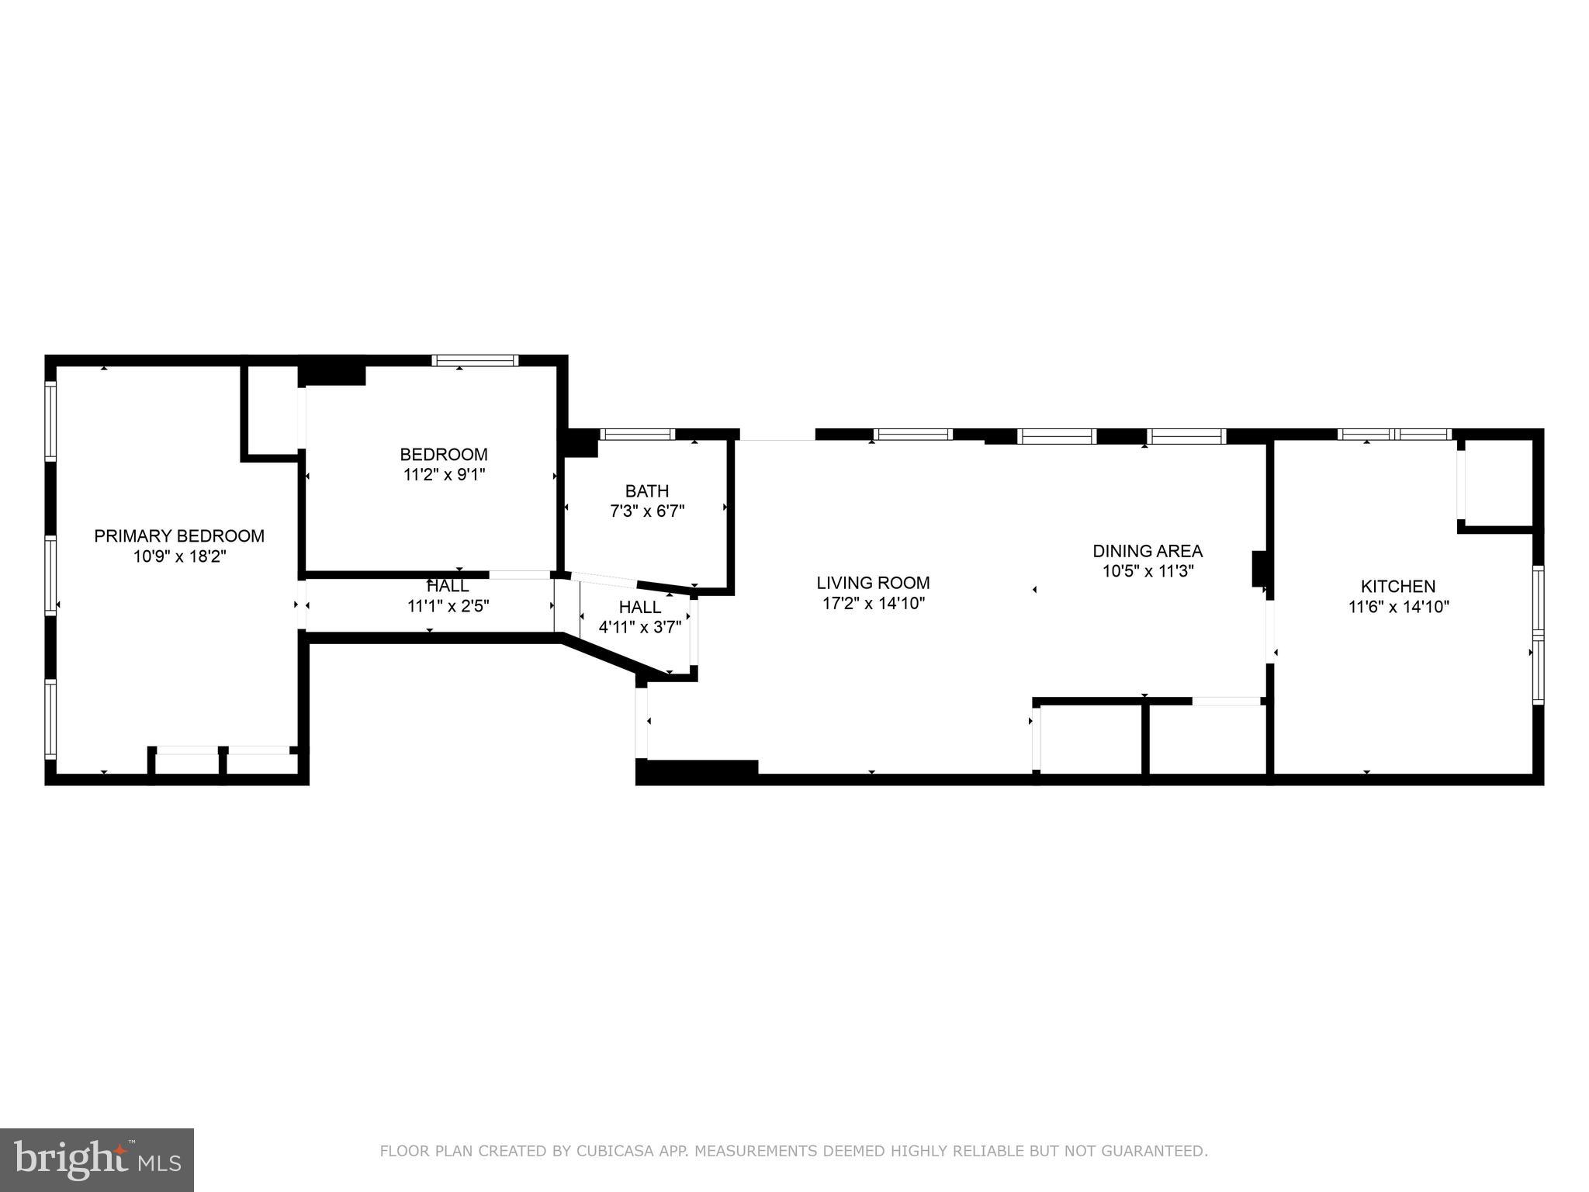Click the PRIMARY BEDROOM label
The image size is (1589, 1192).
pos(179,536)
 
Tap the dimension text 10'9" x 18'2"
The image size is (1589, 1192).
pos(179,556)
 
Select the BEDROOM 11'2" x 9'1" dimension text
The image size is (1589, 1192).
pos(444,474)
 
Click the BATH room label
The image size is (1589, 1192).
pos(647,491)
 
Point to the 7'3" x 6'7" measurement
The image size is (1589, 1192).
pos(647,511)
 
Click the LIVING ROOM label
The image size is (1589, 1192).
pos(873,583)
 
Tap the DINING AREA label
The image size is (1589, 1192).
pos(1148,551)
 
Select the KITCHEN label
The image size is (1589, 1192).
pos(1398,587)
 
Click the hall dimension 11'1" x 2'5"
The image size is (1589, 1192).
pos(448,606)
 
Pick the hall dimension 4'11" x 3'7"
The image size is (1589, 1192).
pos(640,626)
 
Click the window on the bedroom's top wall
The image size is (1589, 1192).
pos(475,361)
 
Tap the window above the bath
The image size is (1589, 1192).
pos(638,435)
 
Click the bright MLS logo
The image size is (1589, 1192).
pos(97,1159)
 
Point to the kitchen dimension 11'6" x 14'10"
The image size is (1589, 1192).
pos(1398,607)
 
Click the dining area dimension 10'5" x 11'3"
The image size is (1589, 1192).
pos(1148,571)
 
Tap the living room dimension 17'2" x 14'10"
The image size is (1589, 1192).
pos(873,603)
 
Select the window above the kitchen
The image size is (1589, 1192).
pos(1394,435)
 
